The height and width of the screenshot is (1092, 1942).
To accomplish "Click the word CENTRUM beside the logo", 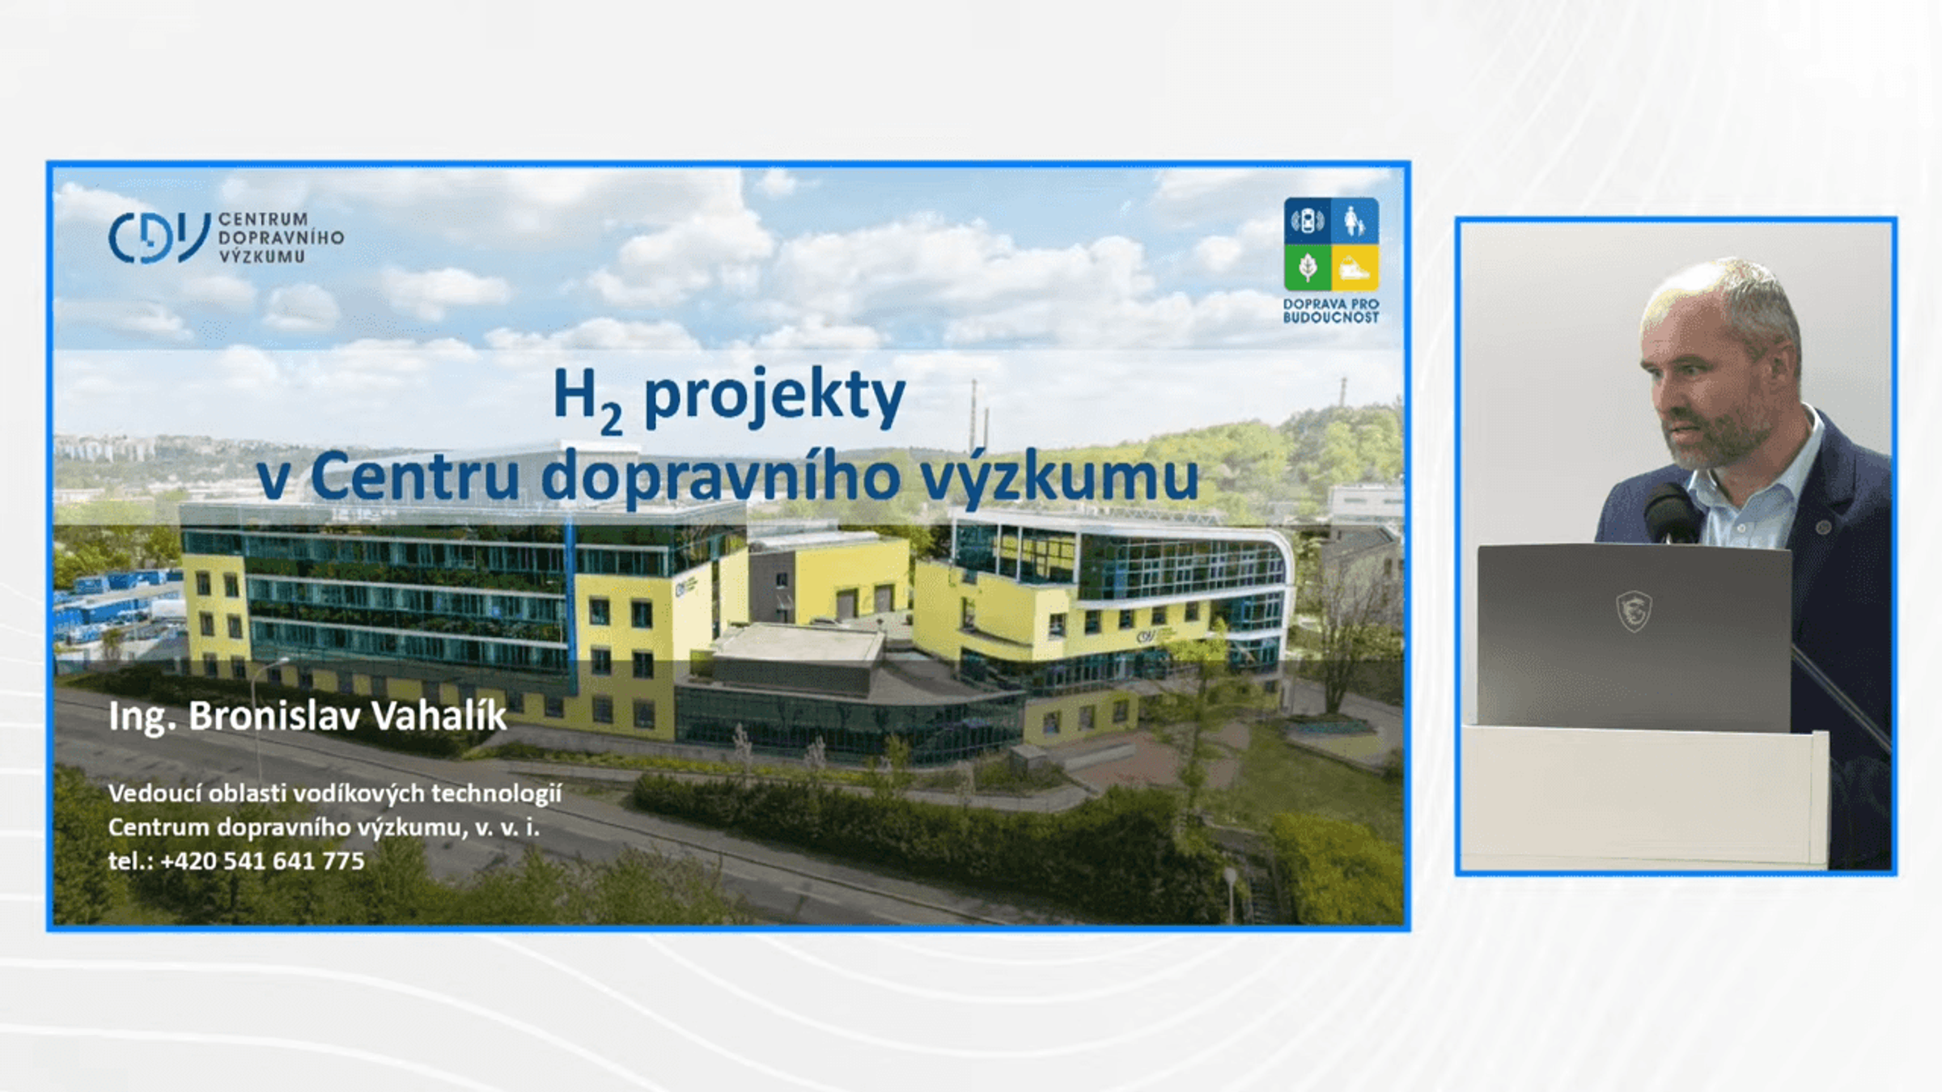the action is click(263, 219).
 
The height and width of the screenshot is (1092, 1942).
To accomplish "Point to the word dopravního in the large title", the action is click(720, 479).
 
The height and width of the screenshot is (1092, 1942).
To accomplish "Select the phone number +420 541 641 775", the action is click(262, 861).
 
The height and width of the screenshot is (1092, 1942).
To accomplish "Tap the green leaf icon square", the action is click(1307, 268).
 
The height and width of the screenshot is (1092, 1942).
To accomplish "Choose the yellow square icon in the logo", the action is click(1355, 268).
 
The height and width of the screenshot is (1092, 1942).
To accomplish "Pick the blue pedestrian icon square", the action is click(1355, 220).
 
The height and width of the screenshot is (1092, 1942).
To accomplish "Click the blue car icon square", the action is click(1307, 220).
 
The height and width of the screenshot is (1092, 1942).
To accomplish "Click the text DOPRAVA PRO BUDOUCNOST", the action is click(1331, 311).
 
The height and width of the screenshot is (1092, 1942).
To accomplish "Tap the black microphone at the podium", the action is click(1669, 512).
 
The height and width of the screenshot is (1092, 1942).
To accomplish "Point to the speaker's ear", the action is click(1777, 366).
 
